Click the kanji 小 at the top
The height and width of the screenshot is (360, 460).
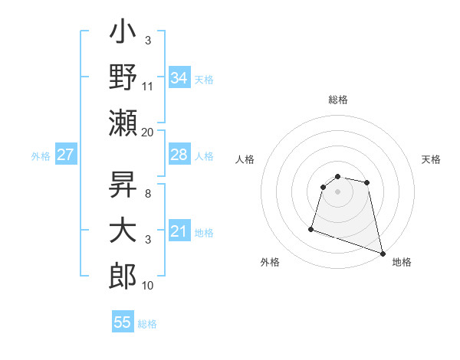click(x=123, y=35)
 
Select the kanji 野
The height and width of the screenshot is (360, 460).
click(x=123, y=77)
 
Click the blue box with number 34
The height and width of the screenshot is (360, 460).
click(x=179, y=78)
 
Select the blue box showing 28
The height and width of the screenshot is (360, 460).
click(x=179, y=155)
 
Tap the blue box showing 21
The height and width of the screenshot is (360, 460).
click(x=179, y=231)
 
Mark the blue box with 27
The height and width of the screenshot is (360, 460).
click(x=66, y=155)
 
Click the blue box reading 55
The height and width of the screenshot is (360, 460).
click(x=123, y=322)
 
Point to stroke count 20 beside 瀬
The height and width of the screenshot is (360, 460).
click(x=148, y=132)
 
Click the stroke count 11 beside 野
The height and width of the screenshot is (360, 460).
click(x=148, y=87)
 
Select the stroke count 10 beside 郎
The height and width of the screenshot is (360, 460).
click(x=148, y=286)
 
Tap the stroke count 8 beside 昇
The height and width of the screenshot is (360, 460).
click(x=147, y=194)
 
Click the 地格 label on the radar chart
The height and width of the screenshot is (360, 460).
click(x=402, y=263)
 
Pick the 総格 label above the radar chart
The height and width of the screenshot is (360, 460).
click(x=338, y=100)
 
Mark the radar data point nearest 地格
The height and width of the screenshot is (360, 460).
click(x=383, y=254)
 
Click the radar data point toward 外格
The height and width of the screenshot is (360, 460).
click(x=311, y=228)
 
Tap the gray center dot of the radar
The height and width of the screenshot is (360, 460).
click(x=338, y=191)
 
